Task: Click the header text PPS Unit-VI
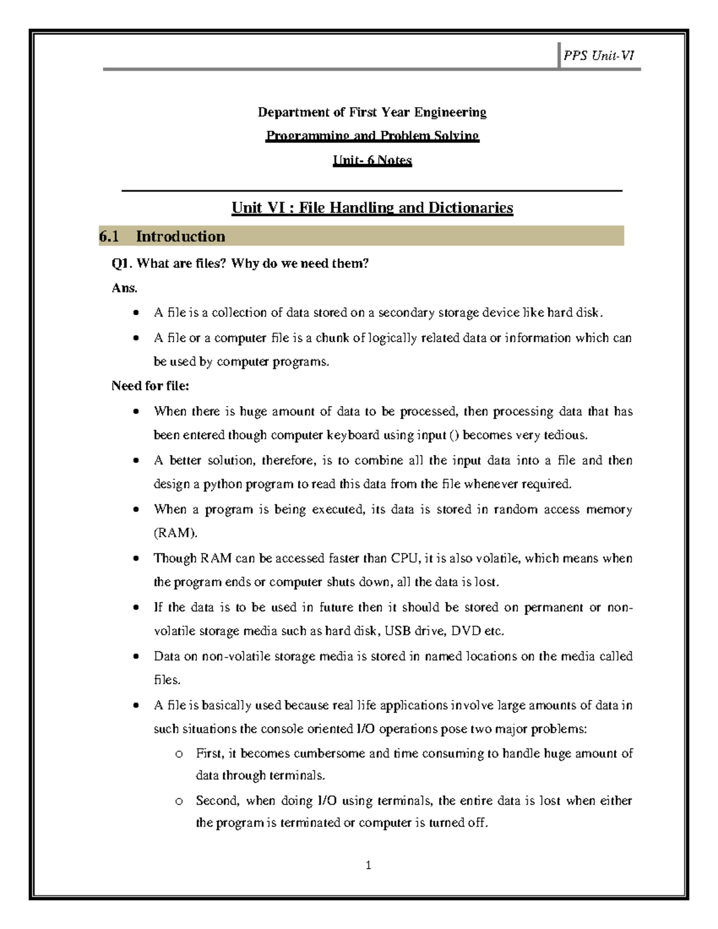coord(598,56)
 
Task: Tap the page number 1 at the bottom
coord(369,865)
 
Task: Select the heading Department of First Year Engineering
coord(372,112)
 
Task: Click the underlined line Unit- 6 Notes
coord(372,160)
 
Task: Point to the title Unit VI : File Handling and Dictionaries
coord(372,208)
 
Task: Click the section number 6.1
coord(109,237)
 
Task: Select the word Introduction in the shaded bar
coord(180,237)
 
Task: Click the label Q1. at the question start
coord(122,263)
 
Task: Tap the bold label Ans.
coord(124,288)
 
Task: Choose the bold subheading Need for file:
coord(150,386)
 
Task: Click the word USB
coord(397,631)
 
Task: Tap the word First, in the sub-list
coord(210,753)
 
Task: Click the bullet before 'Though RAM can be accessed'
coord(137,559)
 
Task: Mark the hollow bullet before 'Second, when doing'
coord(178,802)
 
